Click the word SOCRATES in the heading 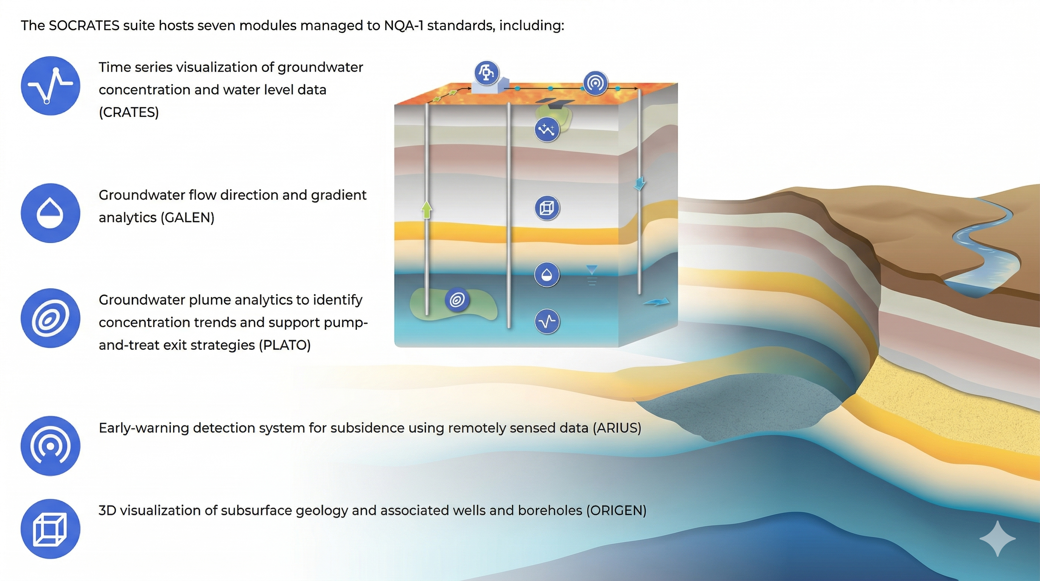tap(84, 25)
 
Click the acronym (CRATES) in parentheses tap(129, 112)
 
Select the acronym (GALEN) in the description tap(187, 218)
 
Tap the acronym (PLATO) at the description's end tap(285, 345)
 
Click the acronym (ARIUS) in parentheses tap(617, 428)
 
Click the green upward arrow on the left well tap(427, 210)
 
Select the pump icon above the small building tap(486, 73)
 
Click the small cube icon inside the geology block tap(547, 208)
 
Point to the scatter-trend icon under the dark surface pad tap(547, 129)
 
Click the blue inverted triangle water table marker tap(592, 269)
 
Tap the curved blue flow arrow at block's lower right tap(656, 301)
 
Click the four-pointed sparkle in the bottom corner tap(998, 539)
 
